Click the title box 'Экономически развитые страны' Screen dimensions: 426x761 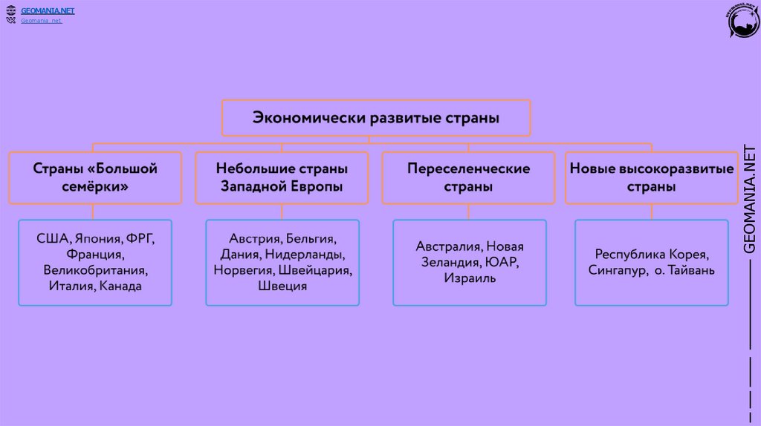pyautogui.click(x=376, y=118)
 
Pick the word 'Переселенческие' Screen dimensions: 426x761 pyautogui.click(x=468, y=168)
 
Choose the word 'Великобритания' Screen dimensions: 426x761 pyautogui.click(x=95, y=269)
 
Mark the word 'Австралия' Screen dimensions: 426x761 pyautogui.click(x=450, y=246)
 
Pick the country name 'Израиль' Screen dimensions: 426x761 pyautogui.click(x=469, y=278)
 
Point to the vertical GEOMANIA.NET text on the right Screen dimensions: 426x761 pyautogui.click(x=750, y=200)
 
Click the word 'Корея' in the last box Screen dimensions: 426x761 pyautogui.click(x=694, y=254)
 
